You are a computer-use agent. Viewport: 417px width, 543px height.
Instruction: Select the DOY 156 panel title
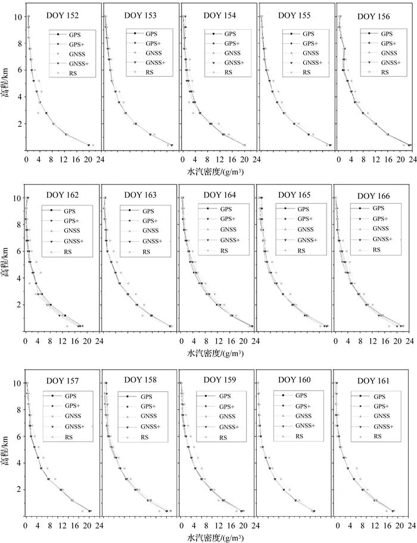[375, 16]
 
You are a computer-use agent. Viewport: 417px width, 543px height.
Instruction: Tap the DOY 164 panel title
[219, 195]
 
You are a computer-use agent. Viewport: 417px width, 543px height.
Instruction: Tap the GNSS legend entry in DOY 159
[225, 416]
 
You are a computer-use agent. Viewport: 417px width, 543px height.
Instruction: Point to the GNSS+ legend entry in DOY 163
[150, 241]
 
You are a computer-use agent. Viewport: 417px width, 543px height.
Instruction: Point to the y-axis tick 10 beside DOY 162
[17, 198]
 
